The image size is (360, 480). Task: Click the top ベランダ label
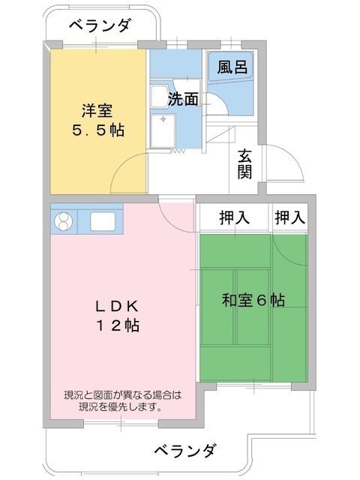coord(100,25)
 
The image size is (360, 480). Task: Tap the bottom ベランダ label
coord(185,450)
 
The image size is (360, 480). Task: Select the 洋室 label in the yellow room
coord(97,111)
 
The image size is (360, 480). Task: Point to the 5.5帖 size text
coord(98,130)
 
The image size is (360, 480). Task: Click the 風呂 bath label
coord(232,67)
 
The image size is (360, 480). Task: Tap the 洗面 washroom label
coord(183,99)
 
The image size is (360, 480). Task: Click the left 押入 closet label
coord(235,217)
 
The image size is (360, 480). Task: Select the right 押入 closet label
coord(290,217)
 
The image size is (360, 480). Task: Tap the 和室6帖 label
coord(253,300)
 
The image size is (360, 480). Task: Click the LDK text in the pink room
coord(117,306)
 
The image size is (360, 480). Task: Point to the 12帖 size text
coord(118,325)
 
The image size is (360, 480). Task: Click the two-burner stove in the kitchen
coord(64,221)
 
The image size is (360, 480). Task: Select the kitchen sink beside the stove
coord(103,221)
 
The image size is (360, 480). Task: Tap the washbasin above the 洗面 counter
coord(160,96)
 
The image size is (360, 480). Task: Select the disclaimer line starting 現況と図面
coord(122,395)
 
